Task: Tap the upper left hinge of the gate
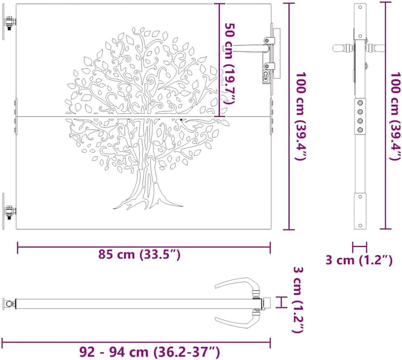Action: click(8, 23)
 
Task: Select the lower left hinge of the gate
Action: click(8, 212)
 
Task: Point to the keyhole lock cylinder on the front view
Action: click(267, 72)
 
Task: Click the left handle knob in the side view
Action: click(339, 48)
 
